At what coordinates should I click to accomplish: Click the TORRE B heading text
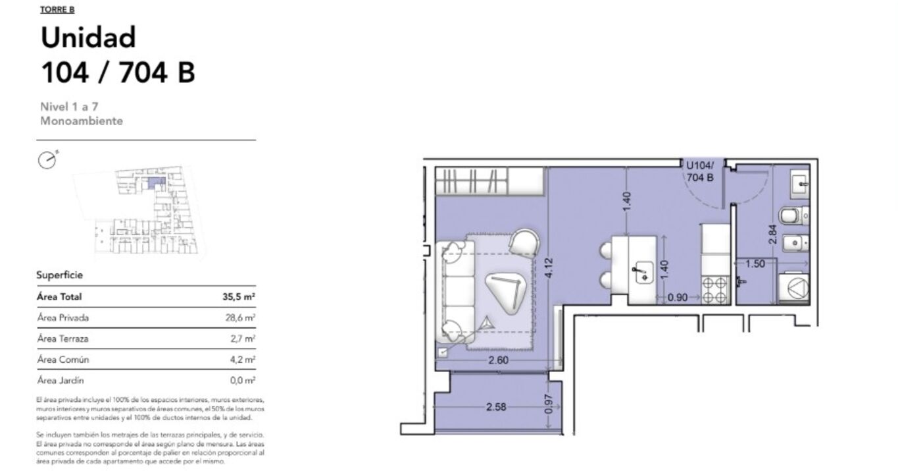click(57, 9)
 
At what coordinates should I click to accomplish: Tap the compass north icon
click(47, 160)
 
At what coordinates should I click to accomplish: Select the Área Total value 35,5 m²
click(239, 296)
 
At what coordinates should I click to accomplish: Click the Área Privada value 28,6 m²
click(239, 318)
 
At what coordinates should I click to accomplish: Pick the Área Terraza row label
click(62, 339)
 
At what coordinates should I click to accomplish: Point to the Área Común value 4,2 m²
click(242, 360)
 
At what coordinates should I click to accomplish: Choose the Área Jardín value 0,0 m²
click(242, 380)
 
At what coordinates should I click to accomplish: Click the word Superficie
click(59, 275)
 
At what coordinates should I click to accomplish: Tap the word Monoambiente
click(82, 121)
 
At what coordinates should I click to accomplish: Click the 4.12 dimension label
click(549, 268)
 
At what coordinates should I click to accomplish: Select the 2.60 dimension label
click(498, 360)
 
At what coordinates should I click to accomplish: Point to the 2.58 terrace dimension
click(496, 407)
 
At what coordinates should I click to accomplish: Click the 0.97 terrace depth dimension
click(549, 404)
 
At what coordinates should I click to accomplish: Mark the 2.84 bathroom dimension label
click(772, 234)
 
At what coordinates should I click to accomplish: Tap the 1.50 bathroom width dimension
click(755, 263)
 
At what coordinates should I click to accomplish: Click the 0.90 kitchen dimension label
click(678, 298)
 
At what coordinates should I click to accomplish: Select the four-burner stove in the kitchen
click(715, 290)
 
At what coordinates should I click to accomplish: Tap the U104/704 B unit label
click(700, 171)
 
